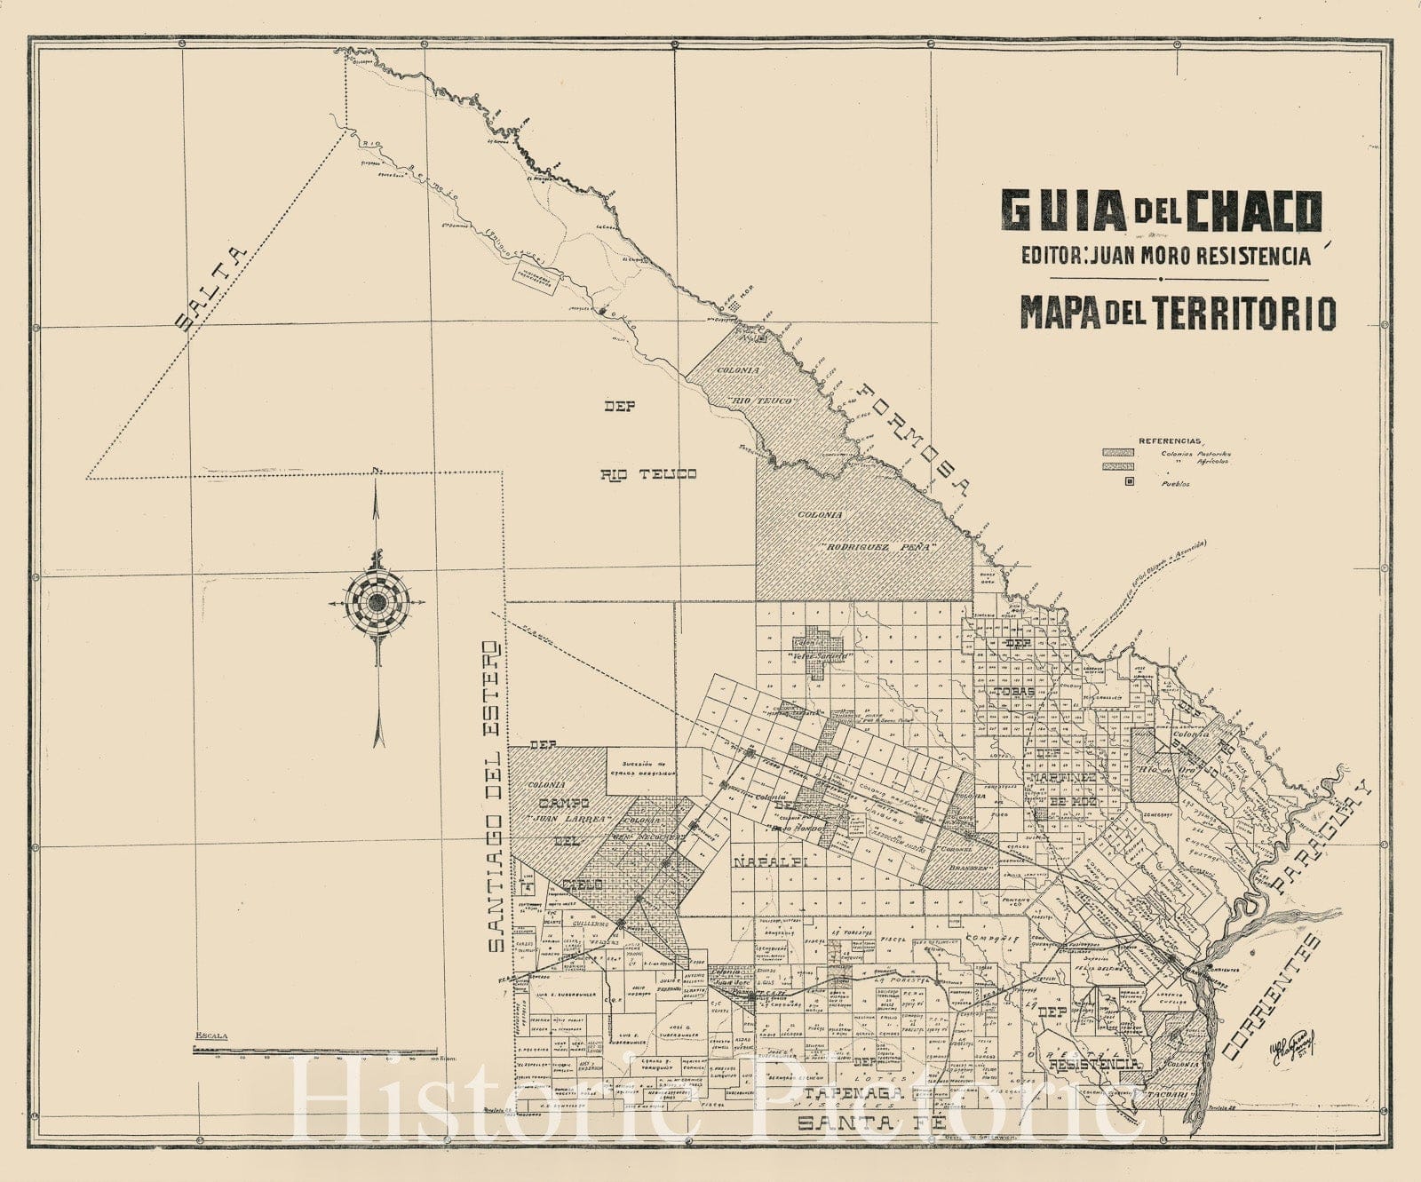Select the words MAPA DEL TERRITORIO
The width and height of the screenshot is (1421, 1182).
(1178, 312)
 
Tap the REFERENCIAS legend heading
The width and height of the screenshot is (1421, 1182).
(1170, 440)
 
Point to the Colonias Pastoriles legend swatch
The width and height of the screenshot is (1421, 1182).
(1118, 453)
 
